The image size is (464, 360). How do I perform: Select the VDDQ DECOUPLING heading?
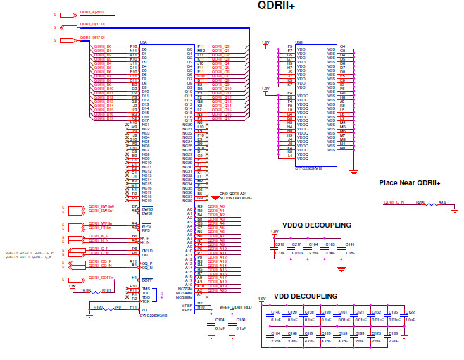[x=311, y=225]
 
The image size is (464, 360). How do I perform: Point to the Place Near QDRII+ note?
[x=409, y=183]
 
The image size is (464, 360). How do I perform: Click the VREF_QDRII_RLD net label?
[x=234, y=307]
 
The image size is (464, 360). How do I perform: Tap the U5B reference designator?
[x=299, y=42]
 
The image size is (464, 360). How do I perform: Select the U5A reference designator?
[x=144, y=42]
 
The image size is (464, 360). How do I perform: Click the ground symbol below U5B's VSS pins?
[x=354, y=172]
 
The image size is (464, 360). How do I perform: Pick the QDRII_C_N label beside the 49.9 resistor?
[x=394, y=202]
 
